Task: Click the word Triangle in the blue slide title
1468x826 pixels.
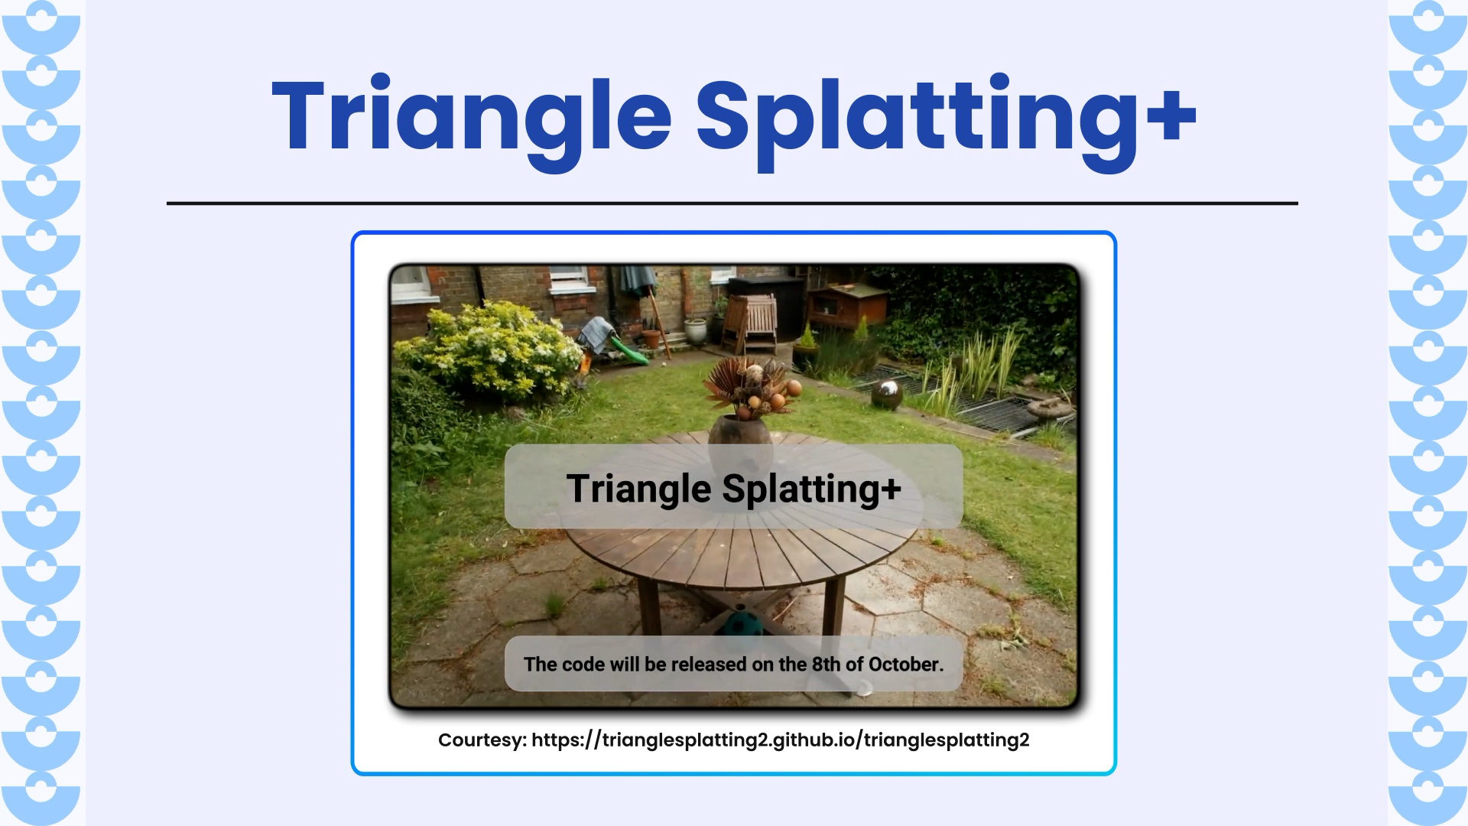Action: (471, 115)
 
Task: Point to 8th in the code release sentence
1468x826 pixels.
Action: (826, 664)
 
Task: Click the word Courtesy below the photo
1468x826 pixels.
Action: (482, 740)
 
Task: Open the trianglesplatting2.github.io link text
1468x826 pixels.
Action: (780, 740)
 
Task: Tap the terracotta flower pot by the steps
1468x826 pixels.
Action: (651, 337)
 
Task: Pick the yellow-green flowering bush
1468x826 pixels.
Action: (497, 348)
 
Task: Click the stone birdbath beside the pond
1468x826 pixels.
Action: (1052, 410)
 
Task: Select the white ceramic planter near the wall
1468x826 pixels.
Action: (696, 330)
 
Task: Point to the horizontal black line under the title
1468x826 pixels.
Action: (732, 203)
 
